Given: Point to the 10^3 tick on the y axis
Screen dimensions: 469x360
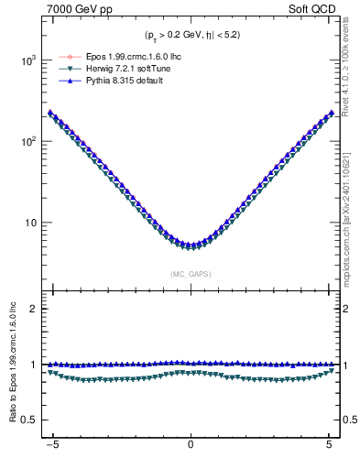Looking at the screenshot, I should (x=29, y=60).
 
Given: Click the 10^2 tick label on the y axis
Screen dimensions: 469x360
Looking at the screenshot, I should (x=29, y=141).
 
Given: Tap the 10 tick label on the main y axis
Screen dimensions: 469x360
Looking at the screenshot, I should (x=32, y=223).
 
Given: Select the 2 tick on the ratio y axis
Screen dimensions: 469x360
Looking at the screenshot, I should (x=36, y=309).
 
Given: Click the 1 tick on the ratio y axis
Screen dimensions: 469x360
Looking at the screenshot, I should (x=36, y=365).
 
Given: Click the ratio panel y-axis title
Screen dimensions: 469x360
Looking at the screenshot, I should (x=11, y=365).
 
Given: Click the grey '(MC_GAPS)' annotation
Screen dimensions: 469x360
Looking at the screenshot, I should (x=191, y=273).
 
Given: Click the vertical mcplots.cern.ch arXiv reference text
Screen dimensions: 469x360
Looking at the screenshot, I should (x=350, y=211).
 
